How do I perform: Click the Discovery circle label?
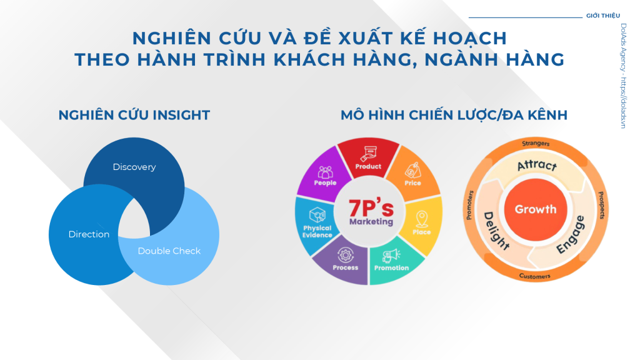[134, 167]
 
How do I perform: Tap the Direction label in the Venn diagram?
[89, 234]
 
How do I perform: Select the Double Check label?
[169, 251]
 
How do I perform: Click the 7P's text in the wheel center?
[371, 207]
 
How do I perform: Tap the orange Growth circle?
[536, 209]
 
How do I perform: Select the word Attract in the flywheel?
[537, 165]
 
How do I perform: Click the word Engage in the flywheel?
[571, 235]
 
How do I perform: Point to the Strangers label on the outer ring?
[536, 143]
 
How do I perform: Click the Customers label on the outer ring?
[535, 276]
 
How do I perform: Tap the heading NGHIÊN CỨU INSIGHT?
[134, 115]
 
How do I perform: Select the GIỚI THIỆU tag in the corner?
[603, 16]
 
